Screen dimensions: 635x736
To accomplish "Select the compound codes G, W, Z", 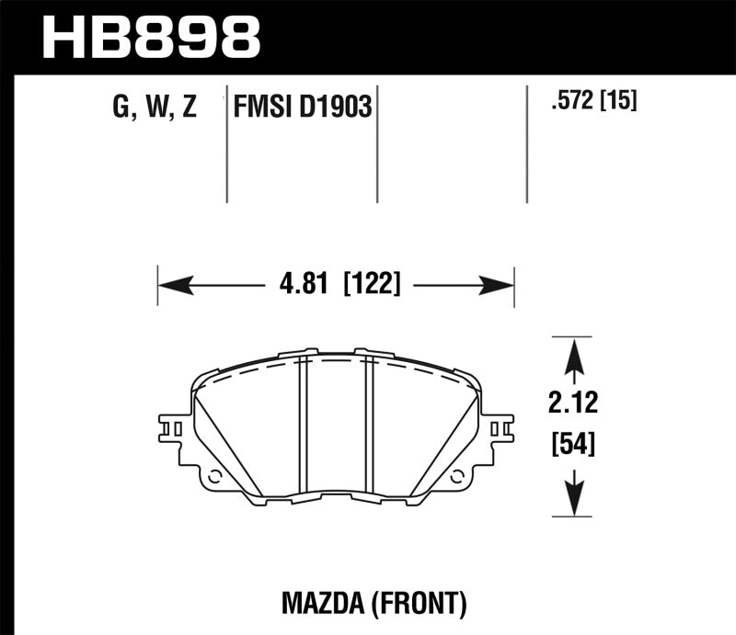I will pos(154,108).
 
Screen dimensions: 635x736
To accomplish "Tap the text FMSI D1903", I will pos(300,108).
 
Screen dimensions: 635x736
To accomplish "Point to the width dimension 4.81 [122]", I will pos(335,285).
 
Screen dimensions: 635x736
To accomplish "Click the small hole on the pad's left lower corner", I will pos(215,477).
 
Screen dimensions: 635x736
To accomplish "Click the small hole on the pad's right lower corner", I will pos(456,477).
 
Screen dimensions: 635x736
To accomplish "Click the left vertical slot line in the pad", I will pos(301,423).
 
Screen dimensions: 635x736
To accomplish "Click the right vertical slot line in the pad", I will pos(368,423).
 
